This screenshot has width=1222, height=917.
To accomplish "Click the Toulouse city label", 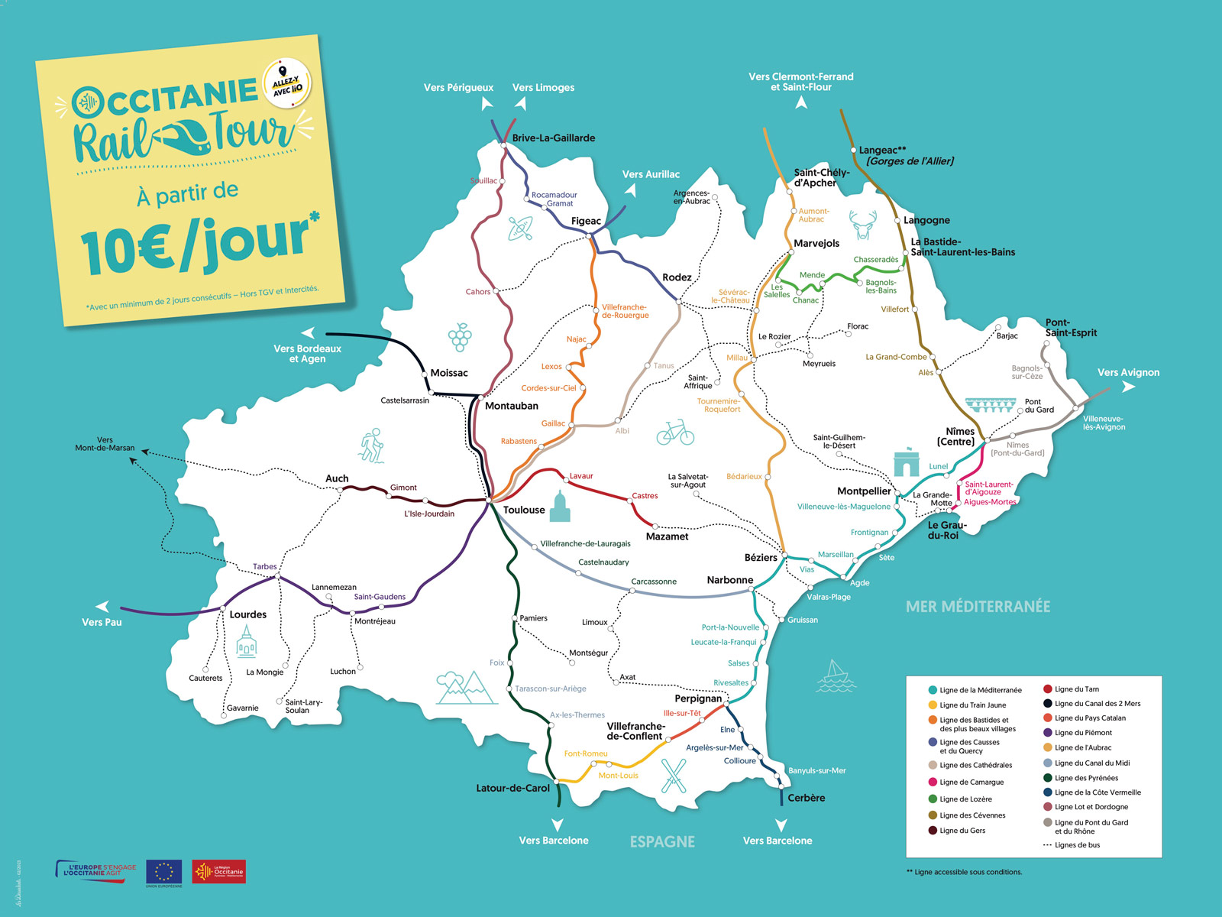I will tap(524, 510).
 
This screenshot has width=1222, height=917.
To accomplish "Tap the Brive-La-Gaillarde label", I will tap(553, 138).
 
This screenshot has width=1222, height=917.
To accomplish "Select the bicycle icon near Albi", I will tap(675, 433).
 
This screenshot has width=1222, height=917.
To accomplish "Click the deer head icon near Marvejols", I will tap(863, 225).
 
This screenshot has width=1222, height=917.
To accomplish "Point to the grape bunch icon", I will tap(460, 337).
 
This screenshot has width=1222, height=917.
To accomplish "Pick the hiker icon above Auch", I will tap(372, 445).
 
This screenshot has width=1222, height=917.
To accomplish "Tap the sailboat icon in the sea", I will tap(836, 676).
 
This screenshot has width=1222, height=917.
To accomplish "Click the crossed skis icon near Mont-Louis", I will tap(673, 775).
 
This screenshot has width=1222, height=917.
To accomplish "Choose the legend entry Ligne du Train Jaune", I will tap(972, 705).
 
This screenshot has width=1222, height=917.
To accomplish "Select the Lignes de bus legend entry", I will tap(1077, 845).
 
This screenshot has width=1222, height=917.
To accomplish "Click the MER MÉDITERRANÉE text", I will tap(978, 607).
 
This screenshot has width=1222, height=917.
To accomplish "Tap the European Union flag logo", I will tap(163, 872).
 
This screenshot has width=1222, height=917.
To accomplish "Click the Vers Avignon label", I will tap(1128, 373).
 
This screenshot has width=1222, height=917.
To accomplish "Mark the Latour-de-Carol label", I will tap(512, 789).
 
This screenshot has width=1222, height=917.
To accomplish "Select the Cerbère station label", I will tap(806, 798).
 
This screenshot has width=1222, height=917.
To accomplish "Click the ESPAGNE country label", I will tap(662, 842).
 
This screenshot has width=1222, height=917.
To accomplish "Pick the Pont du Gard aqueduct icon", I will tap(991, 405).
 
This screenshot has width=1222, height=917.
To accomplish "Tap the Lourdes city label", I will tap(247, 614).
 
